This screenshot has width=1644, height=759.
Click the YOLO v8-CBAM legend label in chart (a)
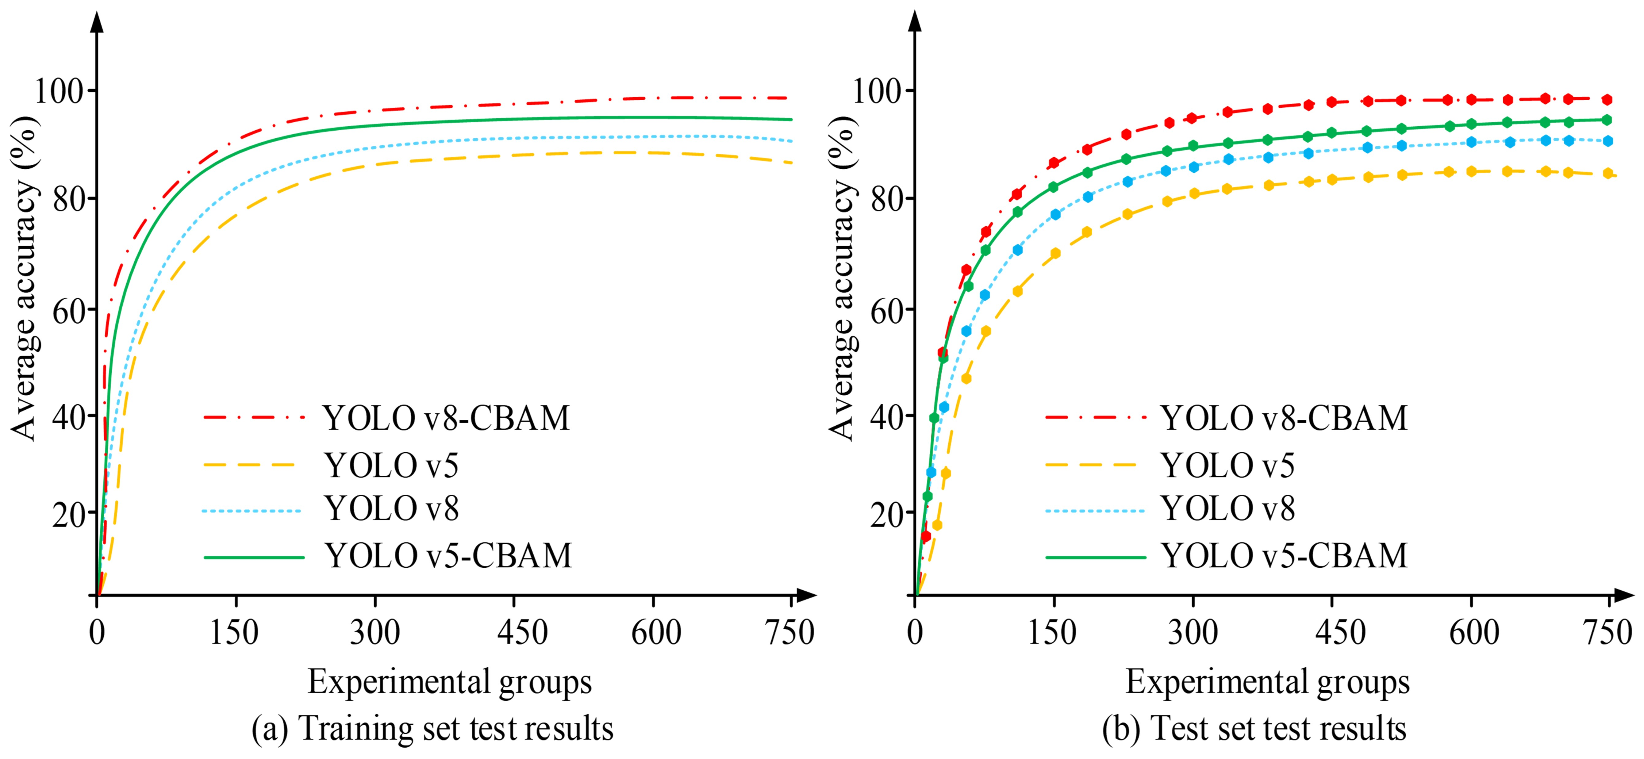click(446, 419)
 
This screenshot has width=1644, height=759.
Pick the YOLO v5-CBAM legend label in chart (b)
click(1283, 556)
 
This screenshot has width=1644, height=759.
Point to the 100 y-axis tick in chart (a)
click(59, 91)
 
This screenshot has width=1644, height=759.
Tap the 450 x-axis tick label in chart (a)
click(522, 633)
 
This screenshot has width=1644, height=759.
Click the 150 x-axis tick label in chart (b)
click(1052, 633)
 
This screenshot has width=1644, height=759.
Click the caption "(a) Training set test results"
click(433, 728)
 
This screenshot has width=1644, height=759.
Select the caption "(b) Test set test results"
click(1254, 728)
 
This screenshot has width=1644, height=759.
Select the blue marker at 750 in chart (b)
click(1608, 141)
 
